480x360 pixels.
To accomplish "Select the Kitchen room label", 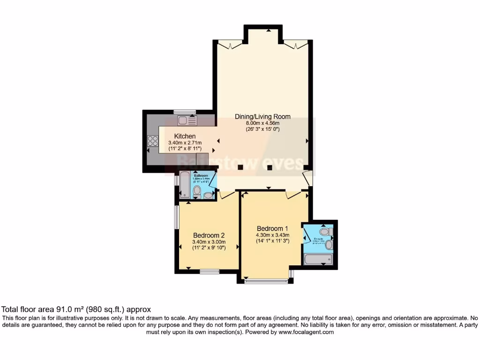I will coord(184,136).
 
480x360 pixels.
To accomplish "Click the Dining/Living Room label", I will coord(262,117).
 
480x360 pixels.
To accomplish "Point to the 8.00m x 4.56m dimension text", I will coord(262,123).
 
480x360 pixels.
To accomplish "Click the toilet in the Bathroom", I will coord(197,191).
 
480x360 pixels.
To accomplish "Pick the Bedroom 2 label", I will coord(209,235).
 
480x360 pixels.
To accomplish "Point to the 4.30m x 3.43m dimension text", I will coord(272,235).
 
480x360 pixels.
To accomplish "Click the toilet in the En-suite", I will coord(324,232).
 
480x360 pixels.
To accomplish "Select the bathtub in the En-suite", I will coord(318,259).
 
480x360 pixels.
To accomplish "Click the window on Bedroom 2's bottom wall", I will coord(210,270).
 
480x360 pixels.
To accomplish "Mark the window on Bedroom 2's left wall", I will coord(177,217).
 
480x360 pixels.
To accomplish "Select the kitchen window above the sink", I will coord(184,112).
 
